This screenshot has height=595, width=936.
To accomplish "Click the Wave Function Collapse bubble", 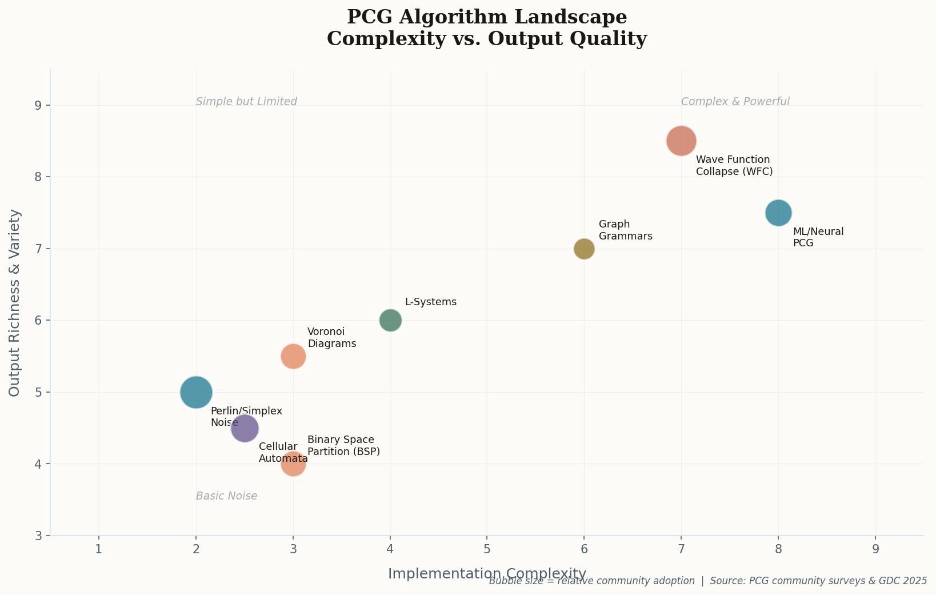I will coord(681,141).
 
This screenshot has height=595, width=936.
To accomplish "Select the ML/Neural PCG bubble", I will coord(778,213).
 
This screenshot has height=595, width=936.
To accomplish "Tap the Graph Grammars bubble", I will coord(583,249).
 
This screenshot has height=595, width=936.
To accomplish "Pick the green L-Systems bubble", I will coord(390,320).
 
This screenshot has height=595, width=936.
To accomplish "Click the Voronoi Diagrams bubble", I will coord(293,356).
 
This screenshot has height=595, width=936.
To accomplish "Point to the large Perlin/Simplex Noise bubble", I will coord(196,392).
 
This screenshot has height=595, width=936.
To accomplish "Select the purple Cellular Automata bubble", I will coord(245,428).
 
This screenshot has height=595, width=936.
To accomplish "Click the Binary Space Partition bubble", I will coord(293,464).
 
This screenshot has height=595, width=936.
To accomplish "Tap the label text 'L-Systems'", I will coord(430,302).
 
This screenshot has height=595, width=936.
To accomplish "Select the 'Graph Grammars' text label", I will coord(625,230).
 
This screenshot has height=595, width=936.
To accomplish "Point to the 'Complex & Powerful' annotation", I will coord(735,102).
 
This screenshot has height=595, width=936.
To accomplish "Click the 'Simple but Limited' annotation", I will coord(246,102).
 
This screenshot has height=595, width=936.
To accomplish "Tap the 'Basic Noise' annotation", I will coord(226,496).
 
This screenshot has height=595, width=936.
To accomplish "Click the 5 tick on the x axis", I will coord(487,550).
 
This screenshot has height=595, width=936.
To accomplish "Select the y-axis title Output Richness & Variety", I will coord(15,302).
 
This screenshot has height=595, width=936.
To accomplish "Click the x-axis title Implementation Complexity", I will coord(487,573).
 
